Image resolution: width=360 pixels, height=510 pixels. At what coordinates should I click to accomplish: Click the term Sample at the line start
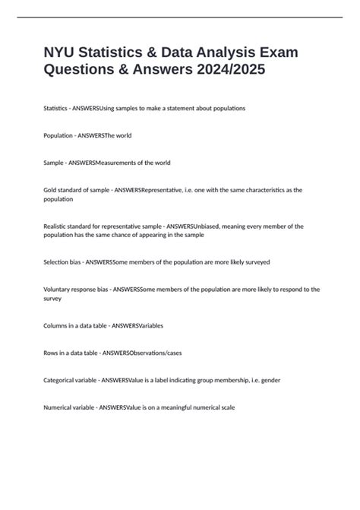tap(56, 163)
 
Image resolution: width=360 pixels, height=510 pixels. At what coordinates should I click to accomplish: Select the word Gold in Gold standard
tap(52, 190)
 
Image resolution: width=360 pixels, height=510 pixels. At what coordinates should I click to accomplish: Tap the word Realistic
tap(58, 226)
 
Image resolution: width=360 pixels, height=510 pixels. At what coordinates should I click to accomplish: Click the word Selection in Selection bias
tap(58, 261)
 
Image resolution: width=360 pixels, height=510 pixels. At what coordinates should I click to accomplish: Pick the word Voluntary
tap(60, 289)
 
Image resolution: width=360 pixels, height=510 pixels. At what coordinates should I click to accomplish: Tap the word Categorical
tap(62, 380)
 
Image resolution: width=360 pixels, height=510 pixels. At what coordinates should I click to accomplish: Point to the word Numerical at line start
tap(61, 407)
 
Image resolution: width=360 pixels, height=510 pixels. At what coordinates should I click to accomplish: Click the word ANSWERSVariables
tap(137, 325)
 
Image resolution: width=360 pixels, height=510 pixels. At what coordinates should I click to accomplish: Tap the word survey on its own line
tap(54, 299)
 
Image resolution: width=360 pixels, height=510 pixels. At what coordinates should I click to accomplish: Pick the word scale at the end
tap(227, 407)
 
